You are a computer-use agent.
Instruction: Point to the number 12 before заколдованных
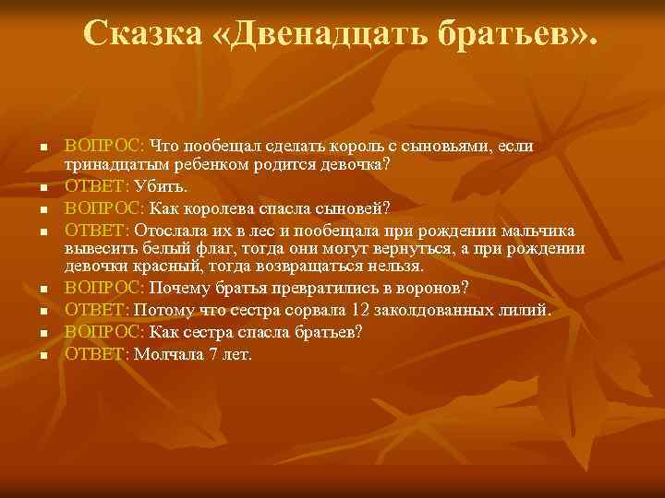[363, 310]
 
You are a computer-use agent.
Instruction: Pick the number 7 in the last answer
[219, 354]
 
